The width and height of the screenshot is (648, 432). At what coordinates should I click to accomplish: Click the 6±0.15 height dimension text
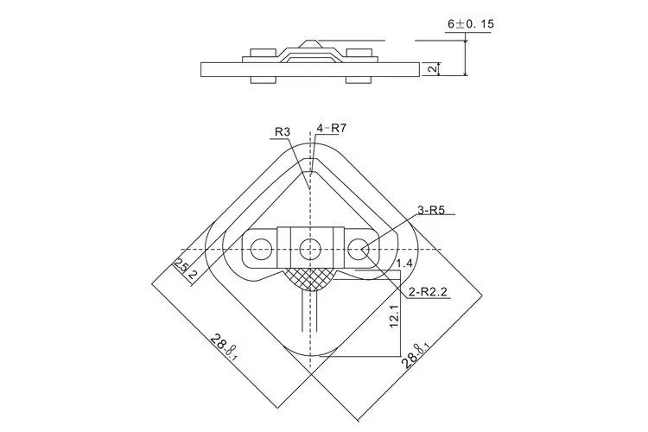coord(471,25)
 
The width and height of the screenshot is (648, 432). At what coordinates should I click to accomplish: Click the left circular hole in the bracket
coord(257,251)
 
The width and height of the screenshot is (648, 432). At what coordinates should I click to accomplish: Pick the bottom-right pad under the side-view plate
coord(358,80)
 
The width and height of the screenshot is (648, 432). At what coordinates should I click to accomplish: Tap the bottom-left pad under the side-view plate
coord(263,80)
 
